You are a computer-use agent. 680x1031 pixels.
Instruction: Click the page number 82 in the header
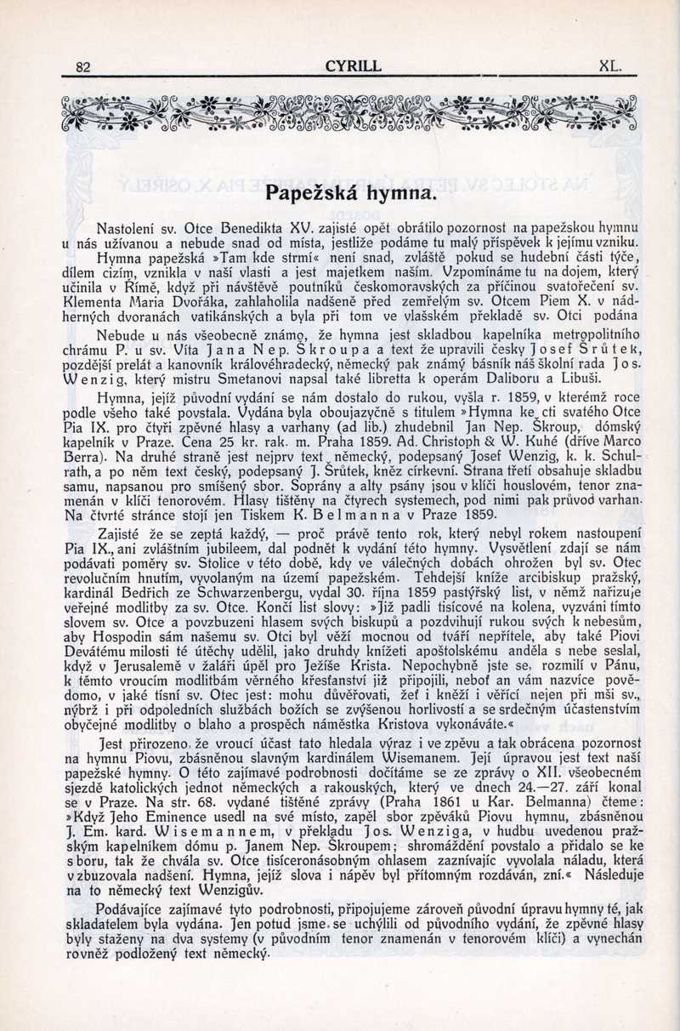coord(83,67)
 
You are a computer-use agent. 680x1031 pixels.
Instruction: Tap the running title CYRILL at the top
coord(354,66)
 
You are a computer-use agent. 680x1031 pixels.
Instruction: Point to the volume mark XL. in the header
coord(611,66)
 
